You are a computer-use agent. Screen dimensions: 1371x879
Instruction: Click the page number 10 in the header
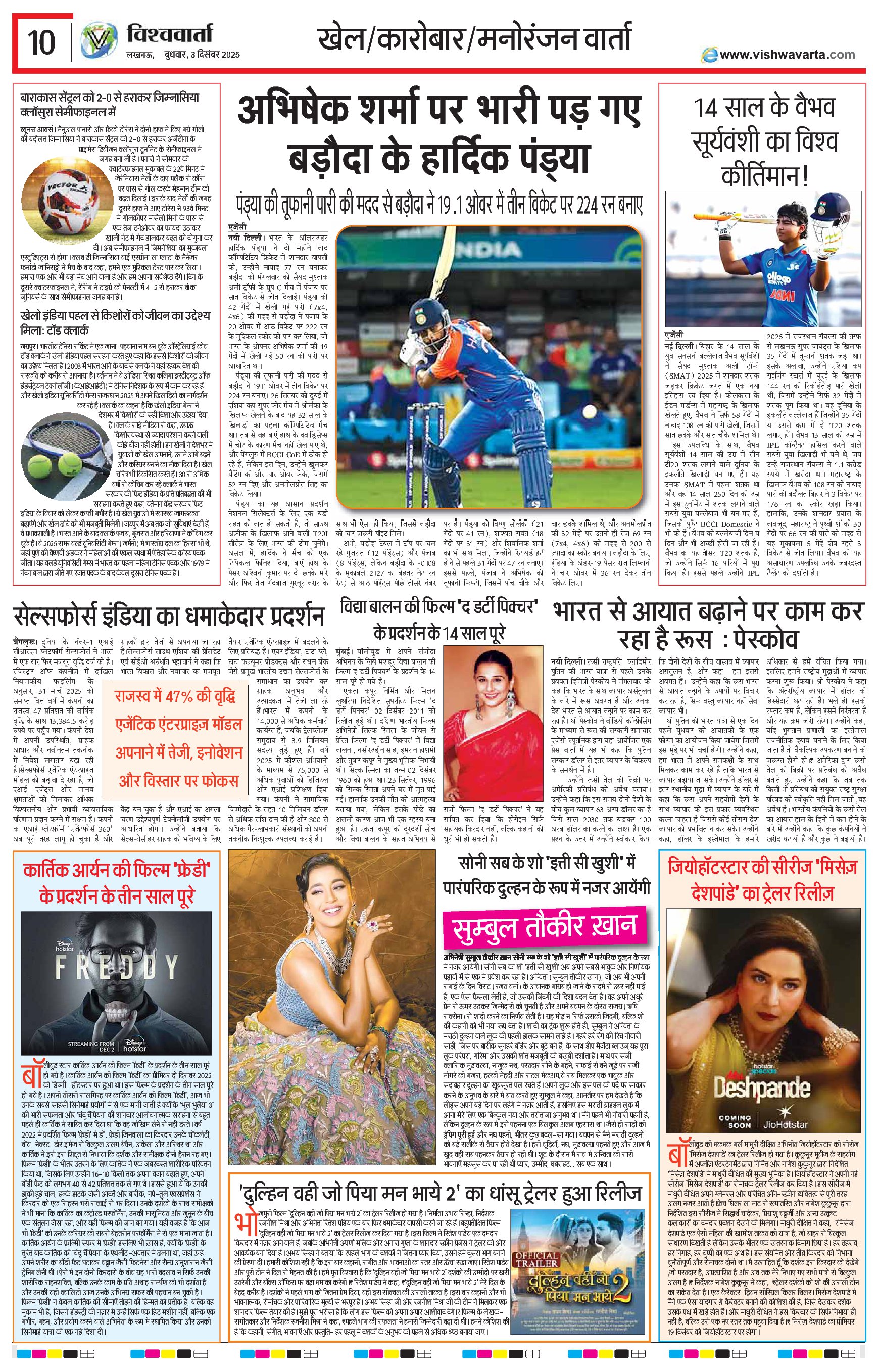41,42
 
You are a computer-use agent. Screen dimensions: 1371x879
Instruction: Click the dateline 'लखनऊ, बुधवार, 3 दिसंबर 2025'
183,55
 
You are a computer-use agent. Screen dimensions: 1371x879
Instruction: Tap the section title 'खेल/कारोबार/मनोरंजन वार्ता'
474,39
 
